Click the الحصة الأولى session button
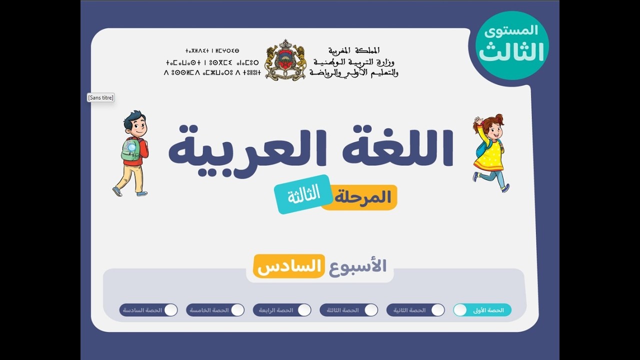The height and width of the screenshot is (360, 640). click(x=482, y=310)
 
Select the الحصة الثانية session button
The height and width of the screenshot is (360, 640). click(x=415, y=310)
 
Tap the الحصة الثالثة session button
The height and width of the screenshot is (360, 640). click(x=348, y=310)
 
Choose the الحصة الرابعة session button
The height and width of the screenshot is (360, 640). click(x=282, y=310)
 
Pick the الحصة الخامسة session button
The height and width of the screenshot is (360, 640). click(x=215, y=310)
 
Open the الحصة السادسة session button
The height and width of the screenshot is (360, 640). click(x=148, y=310)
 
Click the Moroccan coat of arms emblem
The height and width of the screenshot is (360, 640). click(x=285, y=60)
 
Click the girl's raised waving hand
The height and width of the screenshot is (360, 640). click(x=478, y=121)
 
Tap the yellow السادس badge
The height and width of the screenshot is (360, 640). click(x=289, y=266)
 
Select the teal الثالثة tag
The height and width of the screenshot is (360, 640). click(x=303, y=194)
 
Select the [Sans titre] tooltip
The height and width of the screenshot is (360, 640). click(x=100, y=97)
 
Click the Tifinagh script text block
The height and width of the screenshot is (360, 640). click(x=212, y=62)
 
